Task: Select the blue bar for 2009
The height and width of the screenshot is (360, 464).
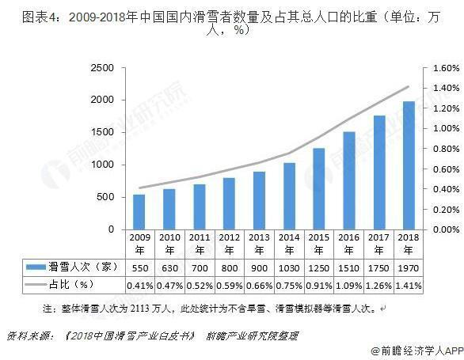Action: [139, 211]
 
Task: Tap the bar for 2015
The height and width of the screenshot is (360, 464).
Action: [318, 188]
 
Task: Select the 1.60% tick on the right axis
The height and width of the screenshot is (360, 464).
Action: [441, 68]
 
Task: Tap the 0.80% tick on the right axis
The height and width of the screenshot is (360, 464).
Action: [441, 149]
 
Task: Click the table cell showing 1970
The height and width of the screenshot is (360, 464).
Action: [407, 267]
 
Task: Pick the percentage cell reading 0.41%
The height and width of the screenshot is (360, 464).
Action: [139, 283]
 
